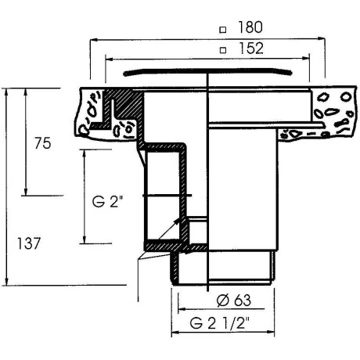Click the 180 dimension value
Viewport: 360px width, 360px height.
click(250, 27)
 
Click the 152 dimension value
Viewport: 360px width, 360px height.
click(251, 49)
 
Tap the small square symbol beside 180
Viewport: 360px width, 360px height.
click(222, 30)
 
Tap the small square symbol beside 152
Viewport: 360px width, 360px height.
click(223, 50)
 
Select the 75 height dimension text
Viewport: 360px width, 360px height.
click(43, 143)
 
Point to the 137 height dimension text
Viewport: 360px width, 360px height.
click(29, 243)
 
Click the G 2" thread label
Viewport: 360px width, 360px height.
click(107, 202)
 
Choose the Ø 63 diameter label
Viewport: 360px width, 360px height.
click(234, 300)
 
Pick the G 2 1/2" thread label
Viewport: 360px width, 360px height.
click(220, 323)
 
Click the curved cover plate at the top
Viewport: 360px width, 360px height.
click(207, 70)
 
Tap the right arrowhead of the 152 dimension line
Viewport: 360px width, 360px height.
click(306, 59)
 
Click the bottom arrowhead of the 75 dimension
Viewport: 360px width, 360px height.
click(26, 192)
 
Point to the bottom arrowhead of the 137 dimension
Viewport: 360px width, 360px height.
click(7, 282)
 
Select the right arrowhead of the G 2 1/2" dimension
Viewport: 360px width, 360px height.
click(271, 332)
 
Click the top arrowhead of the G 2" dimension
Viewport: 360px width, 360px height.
click(84, 153)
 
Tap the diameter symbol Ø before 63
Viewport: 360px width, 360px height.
click(222, 301)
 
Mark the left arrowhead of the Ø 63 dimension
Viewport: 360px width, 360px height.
click(182, 309)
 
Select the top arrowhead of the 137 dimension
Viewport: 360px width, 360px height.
click(7, 92)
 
